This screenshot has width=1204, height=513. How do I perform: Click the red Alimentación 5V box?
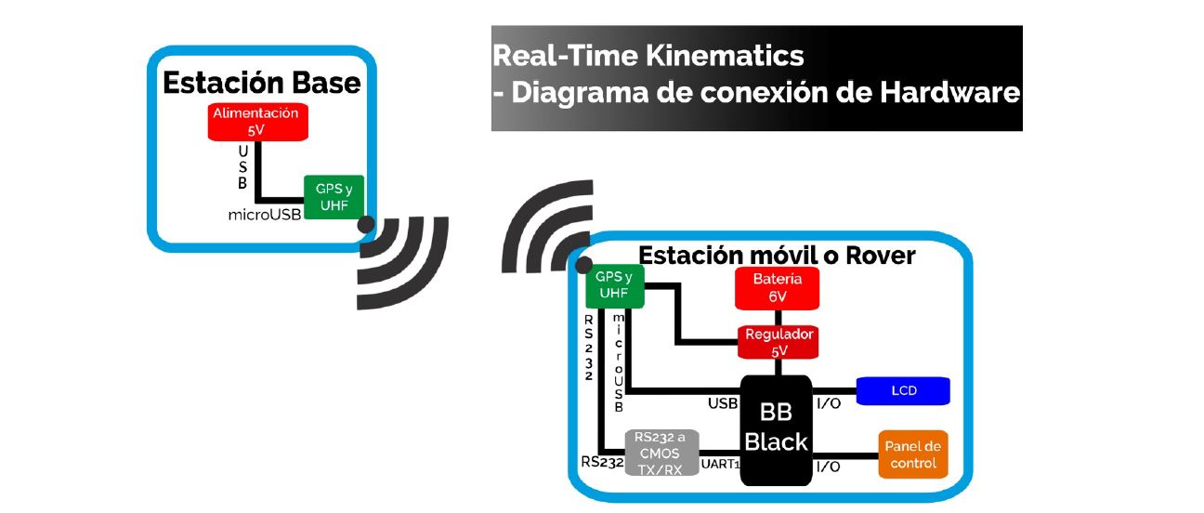(x=257, y=122)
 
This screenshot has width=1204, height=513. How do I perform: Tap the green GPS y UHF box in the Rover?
(x=613, y=285)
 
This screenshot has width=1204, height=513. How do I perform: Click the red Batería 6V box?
(x=778, y=289)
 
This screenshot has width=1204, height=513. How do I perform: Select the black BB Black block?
(x=777, y=428)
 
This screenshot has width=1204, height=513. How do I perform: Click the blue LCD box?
(x=903, y=390)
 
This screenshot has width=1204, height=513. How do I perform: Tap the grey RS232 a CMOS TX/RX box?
(x=661, y=453)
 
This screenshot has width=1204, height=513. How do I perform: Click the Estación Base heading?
(x=261, y=83)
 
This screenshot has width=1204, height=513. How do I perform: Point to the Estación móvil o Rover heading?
(x=777, y=254)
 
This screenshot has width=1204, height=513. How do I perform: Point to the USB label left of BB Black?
(x=723, y=404)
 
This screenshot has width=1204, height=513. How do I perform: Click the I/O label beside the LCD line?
(x=828, y=404)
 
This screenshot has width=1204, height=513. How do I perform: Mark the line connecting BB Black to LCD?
(x=833, y=389)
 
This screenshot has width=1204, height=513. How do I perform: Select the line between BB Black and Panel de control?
(x=844, y=455)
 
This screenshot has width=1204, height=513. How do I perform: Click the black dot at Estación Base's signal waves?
(x=366, y=225)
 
